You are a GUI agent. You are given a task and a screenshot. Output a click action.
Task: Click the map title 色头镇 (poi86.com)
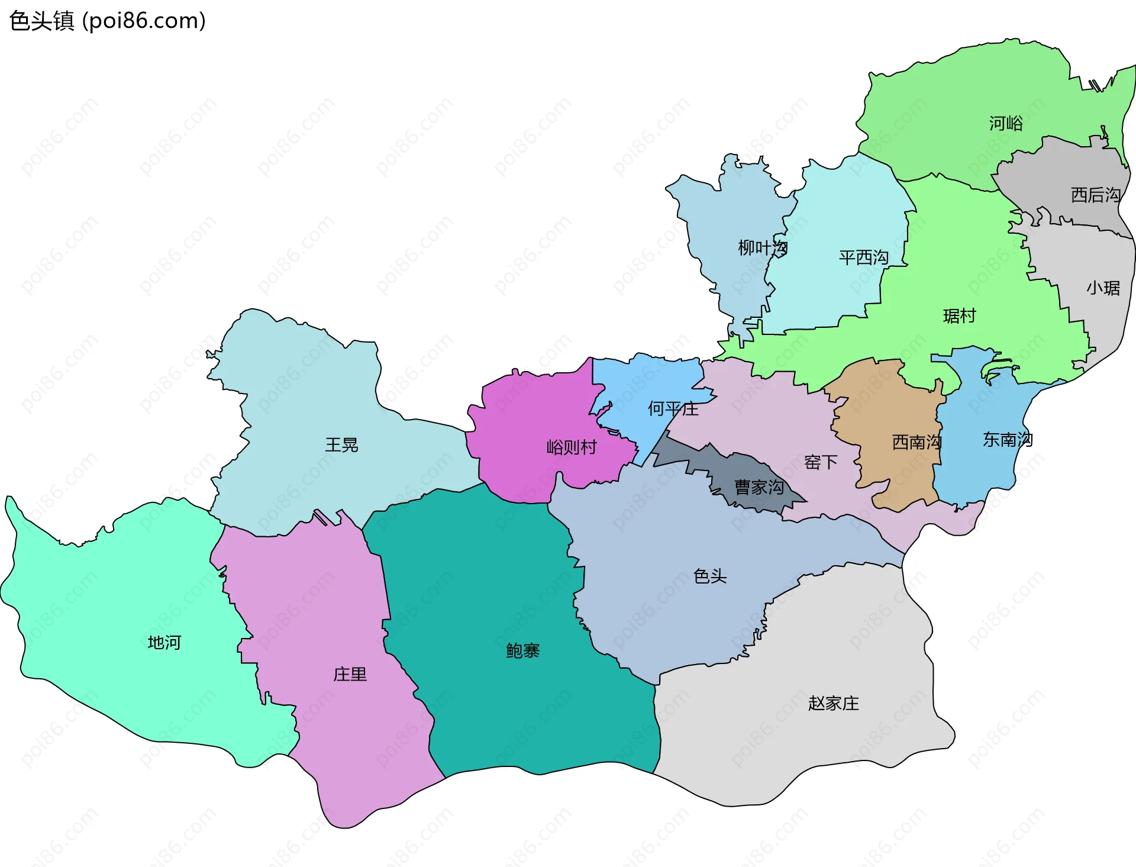tap(107, 21)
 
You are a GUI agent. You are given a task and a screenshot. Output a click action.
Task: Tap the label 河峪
tap(1006, 123)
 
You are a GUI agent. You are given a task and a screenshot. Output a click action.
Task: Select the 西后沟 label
tap(1095, 195)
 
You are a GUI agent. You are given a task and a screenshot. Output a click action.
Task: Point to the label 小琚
tap(1103, 288)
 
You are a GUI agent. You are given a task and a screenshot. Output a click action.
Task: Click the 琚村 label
tap(959, 316)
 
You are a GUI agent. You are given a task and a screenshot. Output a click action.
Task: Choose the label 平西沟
tap(863, 257)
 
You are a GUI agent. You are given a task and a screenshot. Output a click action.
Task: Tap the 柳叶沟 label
tap(762, 247)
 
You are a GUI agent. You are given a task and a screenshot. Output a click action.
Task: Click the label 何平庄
tap(673, 408)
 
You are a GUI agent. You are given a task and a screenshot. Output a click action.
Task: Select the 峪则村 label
tap(572, 447)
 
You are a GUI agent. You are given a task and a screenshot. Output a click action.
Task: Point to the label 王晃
tap(341, 445)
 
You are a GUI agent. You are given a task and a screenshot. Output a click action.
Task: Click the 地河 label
tap(164, 642)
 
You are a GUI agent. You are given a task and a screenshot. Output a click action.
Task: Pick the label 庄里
tap(350, 674)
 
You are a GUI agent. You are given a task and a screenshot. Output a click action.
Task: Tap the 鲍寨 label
tap(522, 651)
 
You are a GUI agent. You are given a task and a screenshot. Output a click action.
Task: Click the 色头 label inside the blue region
tap(709, 576)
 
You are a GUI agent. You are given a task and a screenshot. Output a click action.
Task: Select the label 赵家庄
tap(833, 703)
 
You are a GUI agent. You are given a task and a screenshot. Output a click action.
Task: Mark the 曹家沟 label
tap(759, 487)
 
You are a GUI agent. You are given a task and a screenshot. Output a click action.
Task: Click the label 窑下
tap(821, 462)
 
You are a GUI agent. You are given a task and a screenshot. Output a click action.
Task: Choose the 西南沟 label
tap(916, 442)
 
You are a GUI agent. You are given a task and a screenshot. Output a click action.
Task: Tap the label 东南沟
tap(1008, 440)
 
